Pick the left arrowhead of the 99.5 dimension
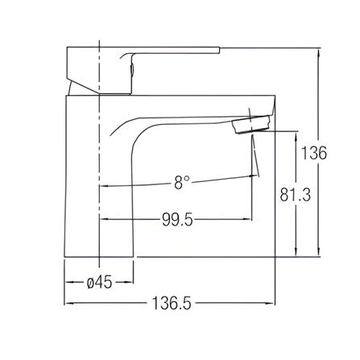pyautogui.click(x=102, y=220)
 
